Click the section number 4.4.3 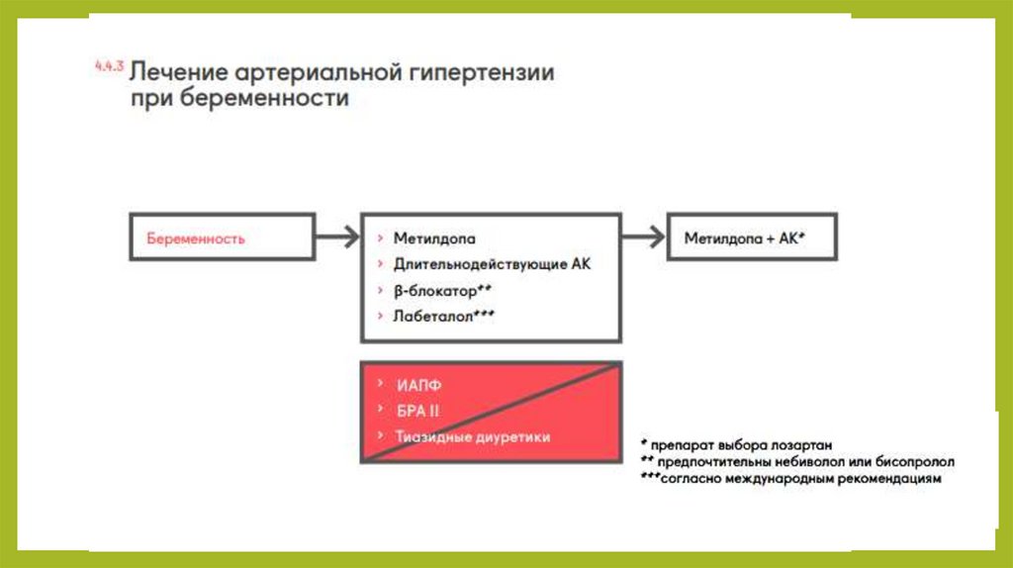tap(108, 66)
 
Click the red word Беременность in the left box tap(196, 238)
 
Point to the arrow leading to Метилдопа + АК tap(644, 237)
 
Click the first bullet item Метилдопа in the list tap(434, 238)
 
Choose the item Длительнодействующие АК tap(492, 264)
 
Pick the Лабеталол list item tap(443, 316)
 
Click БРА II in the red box tap(416, 411)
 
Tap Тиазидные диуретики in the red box tap(472, 436)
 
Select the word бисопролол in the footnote tap(921, 461)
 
